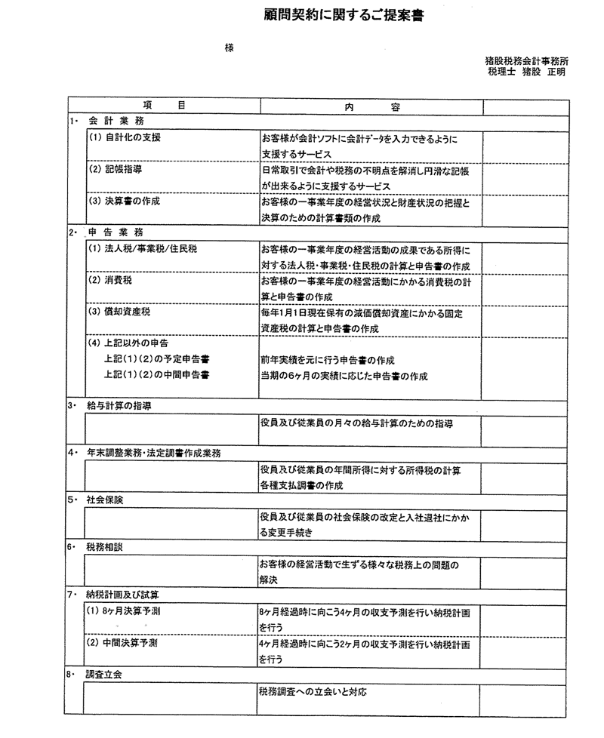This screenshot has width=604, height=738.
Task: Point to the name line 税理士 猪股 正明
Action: [x=526, y=72]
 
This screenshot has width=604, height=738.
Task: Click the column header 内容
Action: [x=371, y=106]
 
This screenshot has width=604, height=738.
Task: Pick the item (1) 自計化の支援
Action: [x=125, y=138]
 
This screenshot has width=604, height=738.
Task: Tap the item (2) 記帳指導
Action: [x=116, y=170]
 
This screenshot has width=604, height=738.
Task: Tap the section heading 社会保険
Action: [x=104, y=500]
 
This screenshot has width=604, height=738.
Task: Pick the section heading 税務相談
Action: [x=104, y=547]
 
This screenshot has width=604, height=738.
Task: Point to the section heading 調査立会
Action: [x=104, y=674]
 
